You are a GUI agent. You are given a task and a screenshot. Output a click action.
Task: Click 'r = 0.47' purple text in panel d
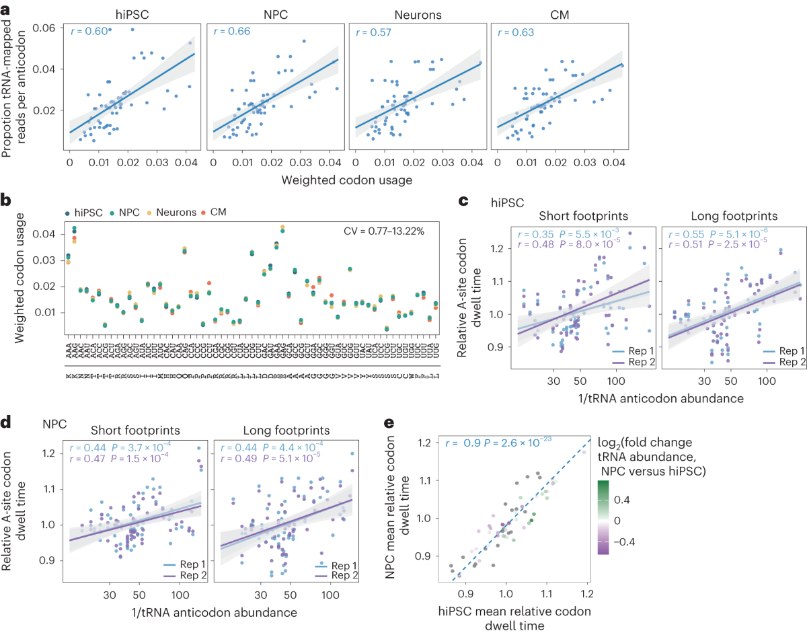(79, 456)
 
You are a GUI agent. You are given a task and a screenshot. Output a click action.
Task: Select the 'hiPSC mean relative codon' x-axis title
(515, 611)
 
